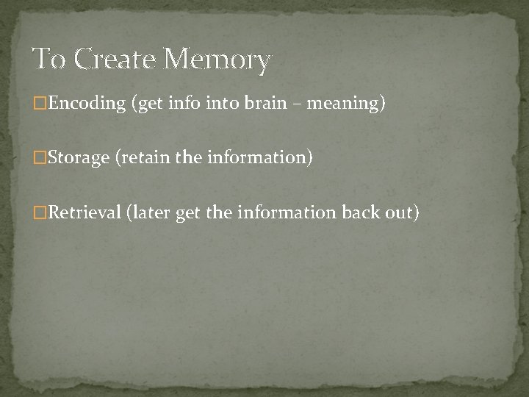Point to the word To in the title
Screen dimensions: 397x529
(x=50, y=59)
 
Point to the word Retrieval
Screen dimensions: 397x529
(x=84, y=212)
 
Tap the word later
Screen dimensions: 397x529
(x=151, y=212)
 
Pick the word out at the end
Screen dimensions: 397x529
(x=403, y=212)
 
